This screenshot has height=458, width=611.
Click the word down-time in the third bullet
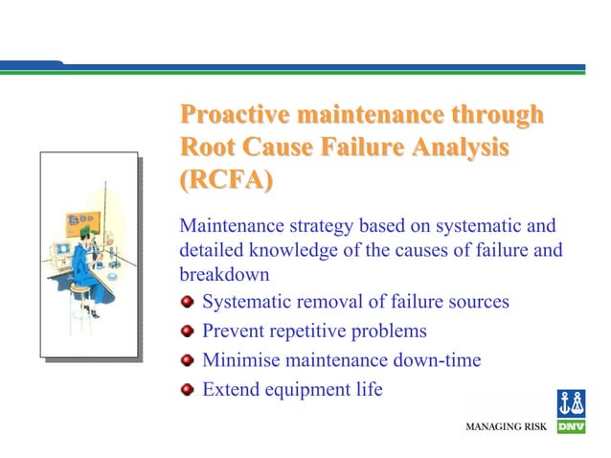(x=437, y=360)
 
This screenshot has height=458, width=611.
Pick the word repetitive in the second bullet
(x=311, y=332)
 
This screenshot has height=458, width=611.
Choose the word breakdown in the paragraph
(x=222, y=273)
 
